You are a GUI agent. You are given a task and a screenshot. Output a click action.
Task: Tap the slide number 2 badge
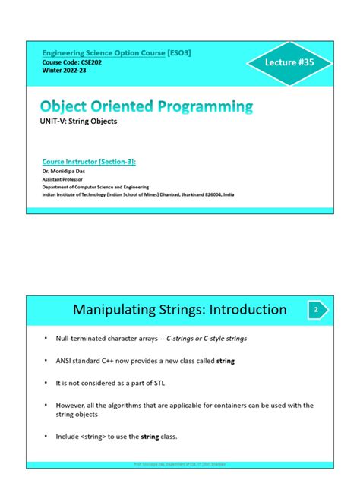click(x=317, y=309)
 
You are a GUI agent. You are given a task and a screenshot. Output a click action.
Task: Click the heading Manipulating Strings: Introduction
click(x=179, y=309)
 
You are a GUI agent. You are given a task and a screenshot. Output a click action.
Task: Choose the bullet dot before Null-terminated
click(x=46, y=337)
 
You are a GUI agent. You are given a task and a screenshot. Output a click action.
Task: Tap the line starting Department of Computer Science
click(x=95, y=187)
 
